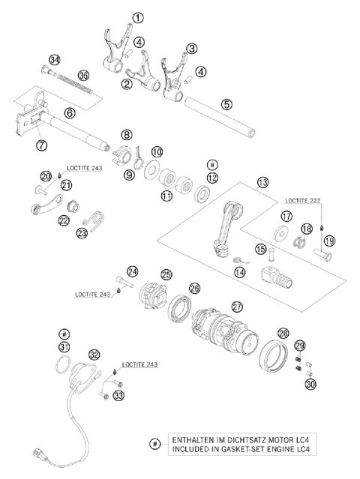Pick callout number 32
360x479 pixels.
[94, 354]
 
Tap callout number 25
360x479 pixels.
[166, 275]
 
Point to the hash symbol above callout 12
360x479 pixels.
[213, 163]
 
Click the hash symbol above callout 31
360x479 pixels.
[64, 333]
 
